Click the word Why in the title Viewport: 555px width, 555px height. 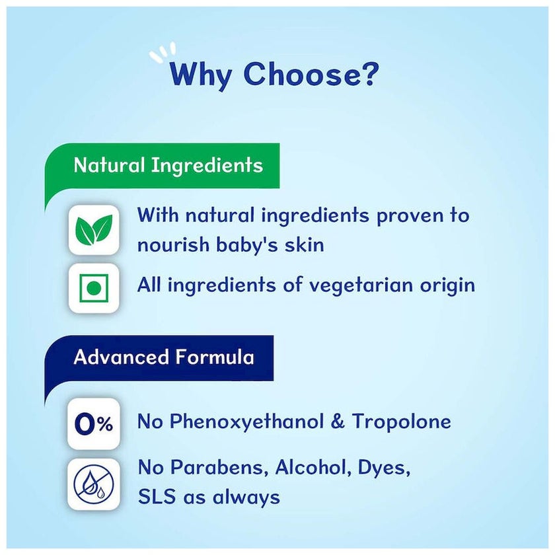201,75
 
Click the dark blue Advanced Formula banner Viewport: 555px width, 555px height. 159,358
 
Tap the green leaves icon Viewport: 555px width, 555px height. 94,230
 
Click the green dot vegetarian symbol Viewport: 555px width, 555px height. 94,288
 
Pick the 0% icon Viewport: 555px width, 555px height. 94,424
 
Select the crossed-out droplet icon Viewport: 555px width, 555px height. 94,484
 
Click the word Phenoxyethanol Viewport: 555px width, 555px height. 246,422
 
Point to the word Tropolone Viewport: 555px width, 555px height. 402,422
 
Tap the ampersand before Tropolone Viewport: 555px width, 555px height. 338,422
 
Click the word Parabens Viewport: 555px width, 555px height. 217,468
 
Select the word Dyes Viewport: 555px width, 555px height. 384,468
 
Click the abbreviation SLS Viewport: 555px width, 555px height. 157,497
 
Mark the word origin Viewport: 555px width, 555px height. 447,285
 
